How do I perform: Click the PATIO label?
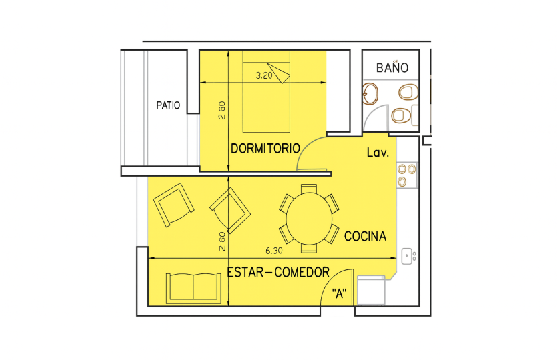pos(168,105)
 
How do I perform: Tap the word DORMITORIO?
pos(265,149)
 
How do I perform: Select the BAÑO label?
pos(392,67)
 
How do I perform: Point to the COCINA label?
pos(365,236)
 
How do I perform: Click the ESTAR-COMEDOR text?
pos(278,272)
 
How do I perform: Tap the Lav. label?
pos(378,152)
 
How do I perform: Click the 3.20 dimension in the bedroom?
pos(264,75)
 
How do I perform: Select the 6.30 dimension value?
pos(274,251)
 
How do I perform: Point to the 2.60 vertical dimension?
pos(222,241)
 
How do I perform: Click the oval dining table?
pos(309,219)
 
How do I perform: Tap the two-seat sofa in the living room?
pos(193,289)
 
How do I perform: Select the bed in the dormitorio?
pos(266,91)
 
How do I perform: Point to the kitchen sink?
pos(408,256)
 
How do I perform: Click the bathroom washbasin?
pos(370,94)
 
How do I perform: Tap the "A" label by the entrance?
pos(339,293)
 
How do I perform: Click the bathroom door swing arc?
pos(371,113)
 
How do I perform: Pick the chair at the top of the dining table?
pos(309,189)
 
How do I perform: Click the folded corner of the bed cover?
pos(280,73)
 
